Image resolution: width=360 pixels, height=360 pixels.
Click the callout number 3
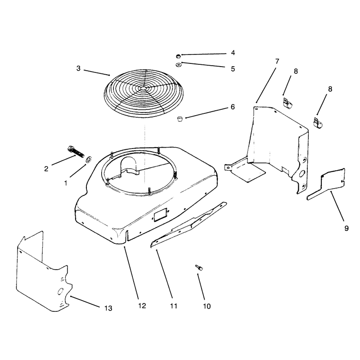tap(78, 68)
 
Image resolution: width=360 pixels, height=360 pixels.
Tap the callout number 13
tap(108, 308)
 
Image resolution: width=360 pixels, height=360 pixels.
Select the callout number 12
tap(142, 306)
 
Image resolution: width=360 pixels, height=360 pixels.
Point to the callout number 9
tap(346, 228)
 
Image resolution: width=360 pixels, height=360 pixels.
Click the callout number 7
tap(277, 61)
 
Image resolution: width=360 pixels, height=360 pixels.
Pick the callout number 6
tap(233, 107)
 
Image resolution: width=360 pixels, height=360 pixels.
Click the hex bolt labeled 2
tap(76, 152)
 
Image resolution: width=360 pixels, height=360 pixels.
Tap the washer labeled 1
tap(88, 160)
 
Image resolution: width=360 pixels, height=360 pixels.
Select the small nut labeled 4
tap(178, 56)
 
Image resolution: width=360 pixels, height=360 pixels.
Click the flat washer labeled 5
tap(178, 65)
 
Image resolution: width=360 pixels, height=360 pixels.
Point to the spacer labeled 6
tap(180, 119)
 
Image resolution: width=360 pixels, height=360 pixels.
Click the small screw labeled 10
tap(199, 267)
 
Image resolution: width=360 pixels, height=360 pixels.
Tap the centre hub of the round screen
tap(143, 88)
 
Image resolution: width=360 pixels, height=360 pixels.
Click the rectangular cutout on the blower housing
tap(161, 215)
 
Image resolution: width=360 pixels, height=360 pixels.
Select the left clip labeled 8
tap(288, 103)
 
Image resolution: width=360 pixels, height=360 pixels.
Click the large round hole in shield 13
tap(60, 291)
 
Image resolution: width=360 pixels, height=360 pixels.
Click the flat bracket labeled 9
tap(326, 184)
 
